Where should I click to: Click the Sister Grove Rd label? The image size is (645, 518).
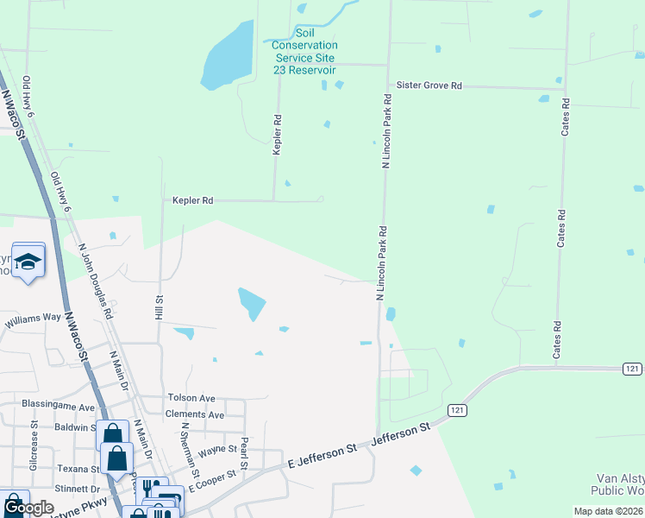[x=429, y=85]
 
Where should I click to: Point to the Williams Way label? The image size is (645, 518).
[x=33, y=318]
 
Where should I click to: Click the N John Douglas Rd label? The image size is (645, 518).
[x=96, y=281]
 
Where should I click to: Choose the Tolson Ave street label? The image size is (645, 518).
[x=191, y=398]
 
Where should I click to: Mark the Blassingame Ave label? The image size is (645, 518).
[x=59, y=407]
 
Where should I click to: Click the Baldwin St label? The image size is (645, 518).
[x=75, y=427]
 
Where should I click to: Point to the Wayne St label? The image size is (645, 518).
[x=218, y=450]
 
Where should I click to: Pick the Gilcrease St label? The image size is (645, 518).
[x=34, y=438]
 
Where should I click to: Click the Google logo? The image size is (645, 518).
[x=28, y=509]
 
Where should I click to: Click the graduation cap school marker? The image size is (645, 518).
[x=28, y=262]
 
